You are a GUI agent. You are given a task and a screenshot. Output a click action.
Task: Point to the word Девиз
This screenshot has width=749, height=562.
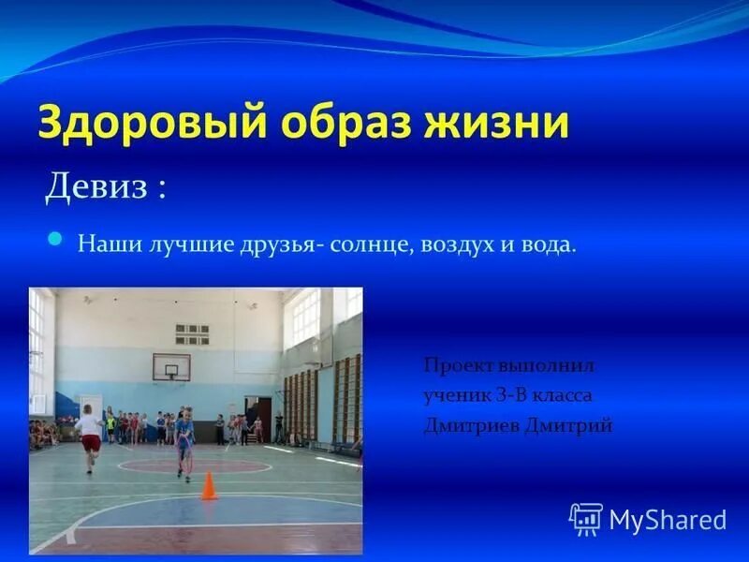click(x=96, y=186)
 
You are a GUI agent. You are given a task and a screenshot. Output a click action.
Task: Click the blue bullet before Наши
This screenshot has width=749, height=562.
click(x=55, y=240)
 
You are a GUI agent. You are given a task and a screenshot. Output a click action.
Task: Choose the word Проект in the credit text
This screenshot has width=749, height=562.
click(x=454, y=364)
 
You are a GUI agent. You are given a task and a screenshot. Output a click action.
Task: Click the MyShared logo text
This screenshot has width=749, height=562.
click(x=667, y=519)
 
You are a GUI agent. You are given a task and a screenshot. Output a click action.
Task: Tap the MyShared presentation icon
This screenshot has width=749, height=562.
click(x=585, y=518)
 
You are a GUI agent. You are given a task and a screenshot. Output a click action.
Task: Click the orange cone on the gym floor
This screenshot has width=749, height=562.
click(x=209, y=486)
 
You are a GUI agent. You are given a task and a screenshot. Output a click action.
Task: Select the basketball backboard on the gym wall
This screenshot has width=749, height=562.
click(x=170, y=367)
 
